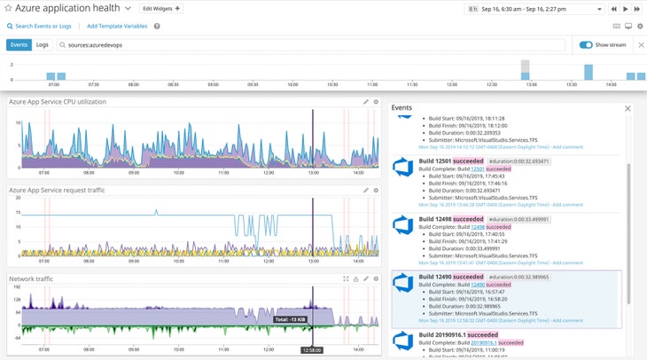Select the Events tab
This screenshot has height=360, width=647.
pyautogui.click(x=18, y=44)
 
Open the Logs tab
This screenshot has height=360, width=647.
pyautogui.click(x=42, y=44)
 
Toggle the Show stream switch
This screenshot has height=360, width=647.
pyautogui.click(x=586, y=44)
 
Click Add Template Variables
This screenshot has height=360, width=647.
pyautogui.click(x=117, y=26)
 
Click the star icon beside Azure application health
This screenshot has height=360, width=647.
pyautogui.click(x=8, y=8)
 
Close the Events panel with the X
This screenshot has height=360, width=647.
pyautogui.click(x=628, y=108)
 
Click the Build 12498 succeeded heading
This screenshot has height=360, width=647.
pyautogui.click(x=451, y=219)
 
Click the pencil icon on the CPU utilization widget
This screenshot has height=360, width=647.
pyautogui.click(x=365, y=102)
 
